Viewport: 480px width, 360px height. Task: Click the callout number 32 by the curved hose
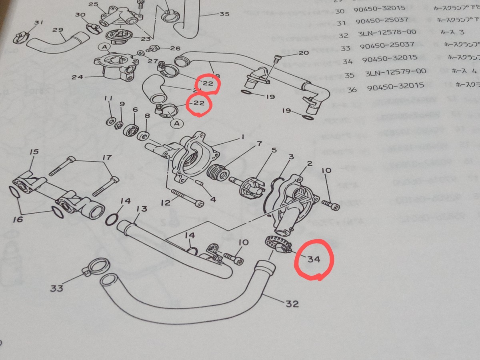pyautogui.click(x=292, y=304)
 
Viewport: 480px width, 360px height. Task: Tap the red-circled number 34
pyautogui.click(x=314, y=259)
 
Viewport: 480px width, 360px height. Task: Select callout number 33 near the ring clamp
pyautogui.click(x=57, y=288)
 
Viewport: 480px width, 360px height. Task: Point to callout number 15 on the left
pyautogui.click(x=34, y=152)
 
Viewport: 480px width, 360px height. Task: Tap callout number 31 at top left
pyautogui.click(x=38, y=23)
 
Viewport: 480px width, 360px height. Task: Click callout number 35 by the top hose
pyautogui.click(x=224, y=14)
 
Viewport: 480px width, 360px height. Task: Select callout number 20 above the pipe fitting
pyautogui.click(x=304, y=53)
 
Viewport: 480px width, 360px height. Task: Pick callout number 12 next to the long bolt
pyautogui.click(x=166, y=203)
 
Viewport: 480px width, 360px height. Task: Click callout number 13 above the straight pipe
pyautogui.click(x=142, y=209)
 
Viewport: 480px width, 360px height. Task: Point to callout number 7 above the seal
pyautogui.click(x=259, y=144)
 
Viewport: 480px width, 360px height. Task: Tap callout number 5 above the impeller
pyautogui.click(x=274, y=150)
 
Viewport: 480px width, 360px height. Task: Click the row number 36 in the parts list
pyautogui.click(x=352, y=89)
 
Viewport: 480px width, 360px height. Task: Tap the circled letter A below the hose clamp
pyautogui.click(x=176, y=123)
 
